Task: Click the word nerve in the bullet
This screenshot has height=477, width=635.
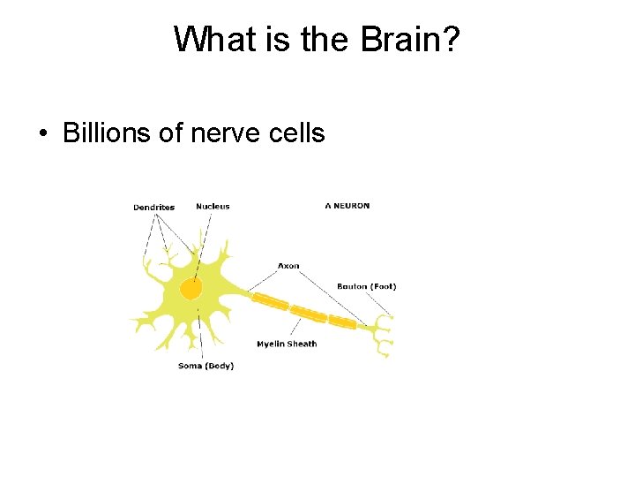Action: click(233, 133)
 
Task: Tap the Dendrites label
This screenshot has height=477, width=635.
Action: click(153, 208)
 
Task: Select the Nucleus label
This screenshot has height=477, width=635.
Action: click(213, 207)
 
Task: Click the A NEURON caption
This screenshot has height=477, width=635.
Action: click(347, 206)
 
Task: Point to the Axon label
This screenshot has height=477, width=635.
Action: click(288, 266)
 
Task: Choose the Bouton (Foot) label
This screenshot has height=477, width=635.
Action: click(367, 286)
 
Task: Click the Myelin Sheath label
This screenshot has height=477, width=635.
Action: click(287, 344)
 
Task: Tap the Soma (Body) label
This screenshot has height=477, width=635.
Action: click(205, 366)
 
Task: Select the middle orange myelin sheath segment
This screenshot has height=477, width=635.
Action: click(309, 312)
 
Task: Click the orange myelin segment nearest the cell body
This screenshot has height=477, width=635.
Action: click(271, 301)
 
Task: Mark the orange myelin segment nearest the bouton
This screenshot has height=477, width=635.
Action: click(343, 323)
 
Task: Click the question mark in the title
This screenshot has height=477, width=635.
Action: click(450, 40)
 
